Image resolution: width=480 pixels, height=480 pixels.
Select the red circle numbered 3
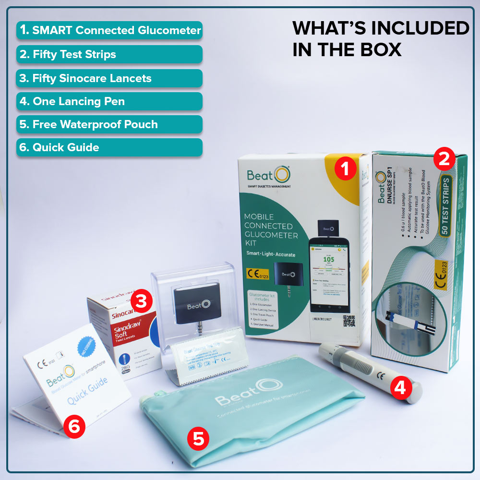point(142,301)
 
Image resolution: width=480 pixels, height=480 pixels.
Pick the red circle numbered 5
point(198,438)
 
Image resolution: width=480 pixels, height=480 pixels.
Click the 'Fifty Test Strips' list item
point(109,54)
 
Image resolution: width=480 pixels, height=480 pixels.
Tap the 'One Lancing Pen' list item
point(109,101)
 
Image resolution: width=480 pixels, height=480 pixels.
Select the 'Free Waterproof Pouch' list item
point(109,125)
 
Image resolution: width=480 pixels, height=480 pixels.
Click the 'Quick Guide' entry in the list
point(109,147)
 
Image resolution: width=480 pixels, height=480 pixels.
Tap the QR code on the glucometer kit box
point(349,321)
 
